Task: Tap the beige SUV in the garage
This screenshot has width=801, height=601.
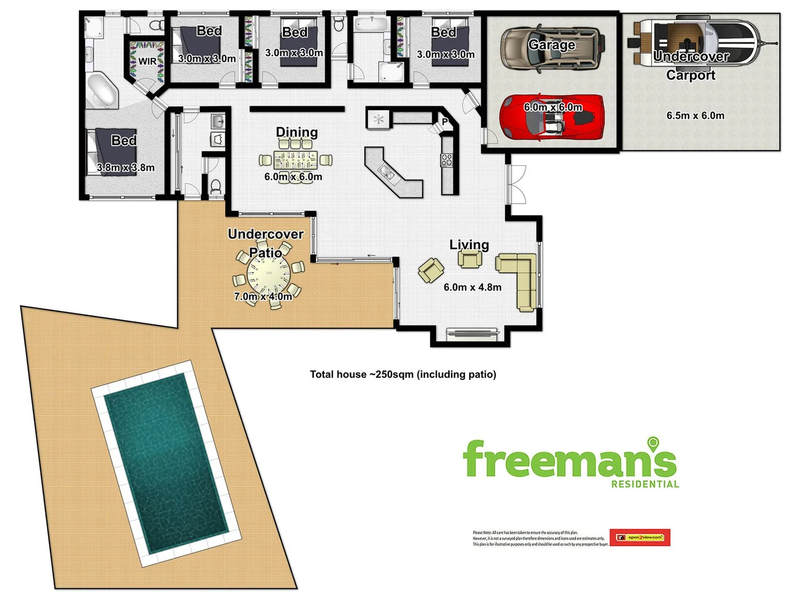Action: [x=552, y=49]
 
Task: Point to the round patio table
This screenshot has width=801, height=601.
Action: [x=269, y=274]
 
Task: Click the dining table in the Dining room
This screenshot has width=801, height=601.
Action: [x=295, y=160]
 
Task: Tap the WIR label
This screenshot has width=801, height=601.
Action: [x=147, y=61]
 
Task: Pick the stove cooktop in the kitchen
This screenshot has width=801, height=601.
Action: [x=447, y=160]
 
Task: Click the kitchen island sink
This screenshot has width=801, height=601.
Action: [x=388, y=173]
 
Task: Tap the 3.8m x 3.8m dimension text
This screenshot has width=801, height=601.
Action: [x=126, y=168]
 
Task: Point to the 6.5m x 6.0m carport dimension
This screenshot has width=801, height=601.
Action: [x=695, y=116]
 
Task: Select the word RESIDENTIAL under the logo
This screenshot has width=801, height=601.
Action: [x=645, y=485]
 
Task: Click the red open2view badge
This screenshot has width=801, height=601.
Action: [x=640, y=538]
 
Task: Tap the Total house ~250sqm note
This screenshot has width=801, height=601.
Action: [x=403, y=375]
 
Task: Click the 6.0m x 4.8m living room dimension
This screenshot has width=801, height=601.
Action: [x=472, y=288]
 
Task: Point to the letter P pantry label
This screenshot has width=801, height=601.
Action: [x=445, y=122]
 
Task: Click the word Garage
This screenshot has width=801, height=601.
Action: [x=551, y=45]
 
